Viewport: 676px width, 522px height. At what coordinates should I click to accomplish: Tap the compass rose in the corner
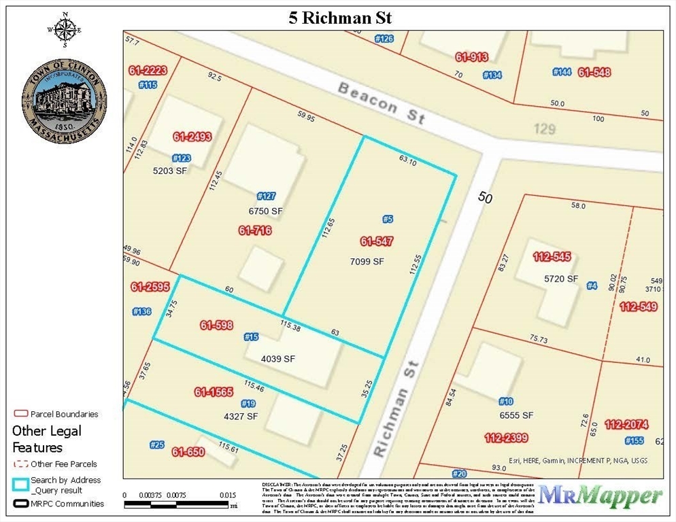[x=65, y=29]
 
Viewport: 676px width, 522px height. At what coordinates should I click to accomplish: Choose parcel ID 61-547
[x=377, y=241]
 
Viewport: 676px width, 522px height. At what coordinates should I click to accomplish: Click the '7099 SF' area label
[x=368, y=261]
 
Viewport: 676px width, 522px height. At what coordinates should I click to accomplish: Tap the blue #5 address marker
[x=388, y=219]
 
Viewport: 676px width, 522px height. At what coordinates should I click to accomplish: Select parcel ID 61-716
[x=254, y=231]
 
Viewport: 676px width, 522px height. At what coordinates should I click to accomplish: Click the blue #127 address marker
[x=266, y=196]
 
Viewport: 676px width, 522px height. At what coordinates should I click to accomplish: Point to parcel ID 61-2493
[x=192, y=137]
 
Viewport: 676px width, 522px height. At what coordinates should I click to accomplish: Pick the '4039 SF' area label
[x=279, y=358]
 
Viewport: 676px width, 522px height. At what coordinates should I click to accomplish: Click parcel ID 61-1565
[x=214, y=391]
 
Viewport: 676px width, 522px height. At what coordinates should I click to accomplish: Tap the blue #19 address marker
[x=248, y=404]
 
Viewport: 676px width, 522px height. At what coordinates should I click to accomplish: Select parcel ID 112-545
[x=552, y=258]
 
